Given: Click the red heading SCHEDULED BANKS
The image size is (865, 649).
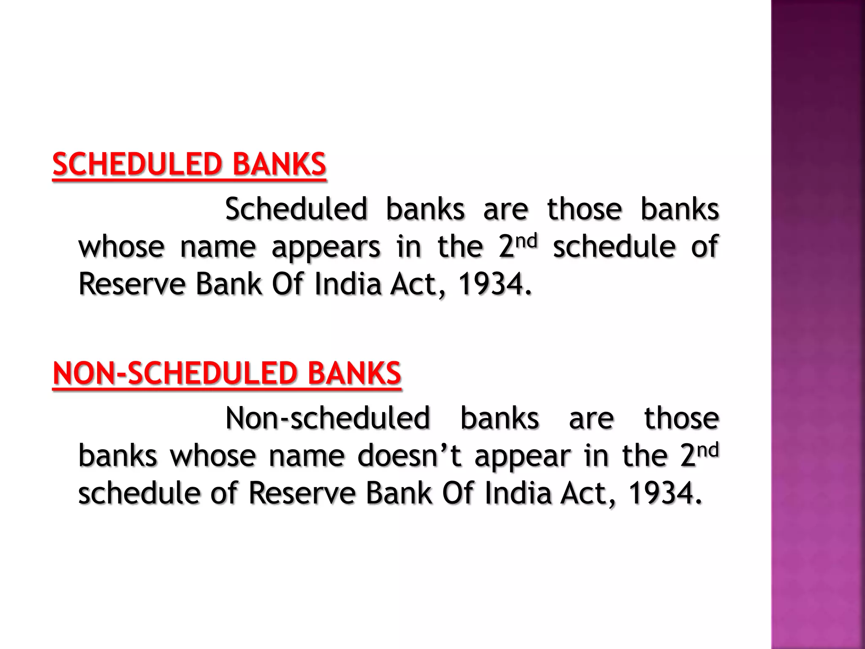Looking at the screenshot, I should click(189, 164).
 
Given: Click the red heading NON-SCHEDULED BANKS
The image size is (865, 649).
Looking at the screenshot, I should click(227, 374).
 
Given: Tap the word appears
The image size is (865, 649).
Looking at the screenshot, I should click(326, 248).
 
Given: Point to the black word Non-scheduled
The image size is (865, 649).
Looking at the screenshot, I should click(328, 418).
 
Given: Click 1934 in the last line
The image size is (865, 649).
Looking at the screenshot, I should click(661, 493).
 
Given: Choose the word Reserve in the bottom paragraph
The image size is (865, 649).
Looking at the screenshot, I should click(302, 493).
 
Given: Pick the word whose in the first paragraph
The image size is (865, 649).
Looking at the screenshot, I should click(122, 248).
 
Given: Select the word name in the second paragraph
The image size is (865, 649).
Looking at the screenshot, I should click(307, 456).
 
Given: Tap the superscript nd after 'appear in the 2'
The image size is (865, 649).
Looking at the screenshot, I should click(707, 450).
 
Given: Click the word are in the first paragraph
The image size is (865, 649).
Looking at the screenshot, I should click(506, 210).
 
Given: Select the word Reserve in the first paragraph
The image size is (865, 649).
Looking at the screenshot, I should click(132, 284).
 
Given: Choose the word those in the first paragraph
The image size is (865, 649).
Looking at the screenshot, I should click(585, 210).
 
